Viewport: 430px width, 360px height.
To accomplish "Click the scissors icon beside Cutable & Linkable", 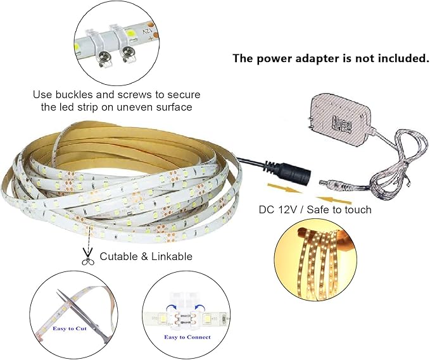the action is tap(88, 256).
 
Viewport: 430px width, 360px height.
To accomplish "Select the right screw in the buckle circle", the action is tap(127, 52).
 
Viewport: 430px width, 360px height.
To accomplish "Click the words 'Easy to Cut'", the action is tap(70, 328).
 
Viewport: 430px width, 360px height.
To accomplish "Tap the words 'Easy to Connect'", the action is tap(187, 337).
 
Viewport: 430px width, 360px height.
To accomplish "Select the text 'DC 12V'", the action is tap(278, 209).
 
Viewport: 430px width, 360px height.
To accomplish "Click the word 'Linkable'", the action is tap(172, 256).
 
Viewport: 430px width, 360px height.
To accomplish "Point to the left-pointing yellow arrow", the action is tap(333, 200).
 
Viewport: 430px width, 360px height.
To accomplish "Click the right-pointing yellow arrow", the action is tap(284, 188).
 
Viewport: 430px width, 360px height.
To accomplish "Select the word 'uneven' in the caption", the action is tap(134, 107).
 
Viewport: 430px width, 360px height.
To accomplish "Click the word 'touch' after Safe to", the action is tap(357, 209).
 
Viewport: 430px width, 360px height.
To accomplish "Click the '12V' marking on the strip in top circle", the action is tap(148, 30).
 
